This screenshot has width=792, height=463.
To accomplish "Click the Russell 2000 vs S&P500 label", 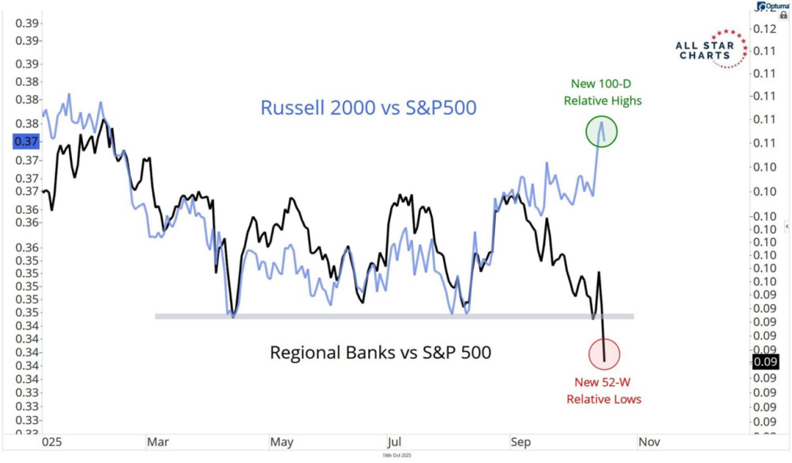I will [x=369, y=108].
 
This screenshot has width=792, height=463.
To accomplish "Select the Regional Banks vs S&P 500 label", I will [x=381, y=352].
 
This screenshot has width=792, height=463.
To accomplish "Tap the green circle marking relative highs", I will [x=602, y=132].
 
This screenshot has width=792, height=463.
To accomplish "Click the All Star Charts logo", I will [x=710, y=49].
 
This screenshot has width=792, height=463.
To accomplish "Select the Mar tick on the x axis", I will [x=158, y=442].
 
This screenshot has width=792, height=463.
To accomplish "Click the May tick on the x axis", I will [x=282, y=442].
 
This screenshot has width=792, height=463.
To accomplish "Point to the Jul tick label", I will [x=393, y=442].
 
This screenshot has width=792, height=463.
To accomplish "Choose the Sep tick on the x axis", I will [x=521, y=442].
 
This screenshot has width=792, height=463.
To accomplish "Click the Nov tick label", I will [x=648, y=442].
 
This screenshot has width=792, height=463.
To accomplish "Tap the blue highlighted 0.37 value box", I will [x=27, y=141].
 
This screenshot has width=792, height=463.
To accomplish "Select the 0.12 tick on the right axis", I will [x=766, y=29].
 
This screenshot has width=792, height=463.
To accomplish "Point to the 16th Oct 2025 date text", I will [x=399, y=456].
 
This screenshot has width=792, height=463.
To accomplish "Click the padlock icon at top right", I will [x=783, y=15].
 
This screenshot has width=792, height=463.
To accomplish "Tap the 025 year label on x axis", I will [x=52, y=442].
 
